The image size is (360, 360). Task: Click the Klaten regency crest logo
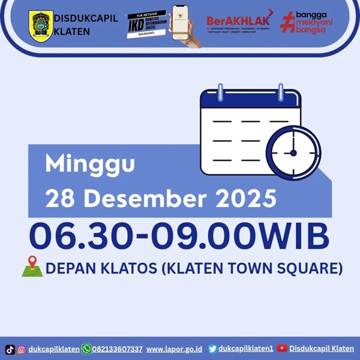click(40, 25)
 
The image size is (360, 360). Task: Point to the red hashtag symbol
click(289, 24)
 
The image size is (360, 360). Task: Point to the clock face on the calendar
click(293, 153)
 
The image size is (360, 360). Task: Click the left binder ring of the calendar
click(220, 94)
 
